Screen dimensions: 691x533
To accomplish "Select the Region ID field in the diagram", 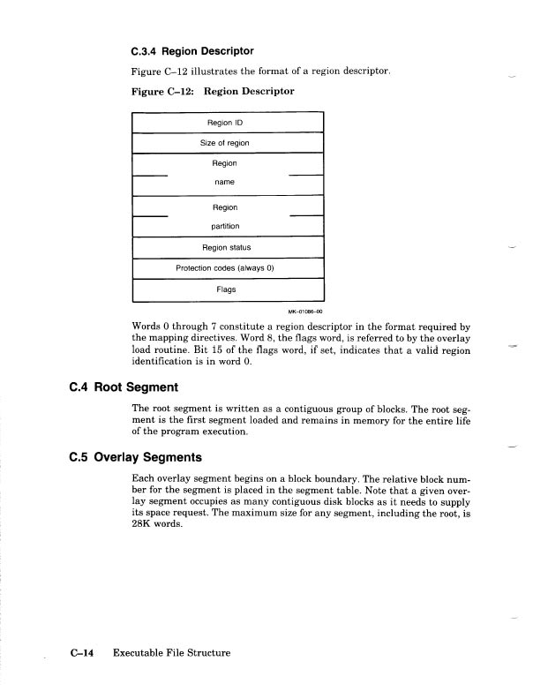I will (x=228, y=124).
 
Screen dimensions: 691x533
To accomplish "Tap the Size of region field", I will (x=228, y=143).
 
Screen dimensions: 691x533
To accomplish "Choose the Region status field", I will (x=228, y=248).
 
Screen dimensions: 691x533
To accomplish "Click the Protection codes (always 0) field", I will (x=228, y=268).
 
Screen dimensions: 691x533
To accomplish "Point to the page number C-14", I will (x=84, y=653).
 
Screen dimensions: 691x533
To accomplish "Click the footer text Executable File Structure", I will (x=171, y=653).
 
